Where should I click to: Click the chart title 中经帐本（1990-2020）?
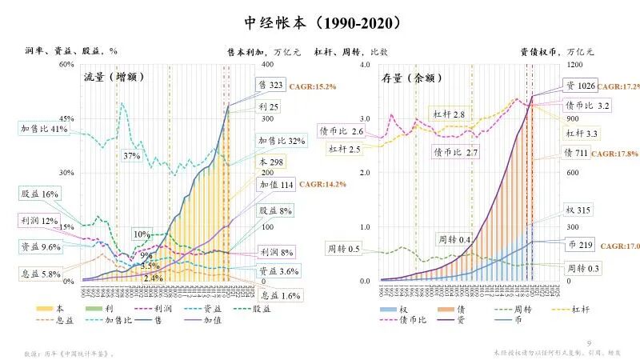[319, 22]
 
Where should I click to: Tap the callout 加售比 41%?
[43, 129]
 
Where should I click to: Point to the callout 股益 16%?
[39, 194]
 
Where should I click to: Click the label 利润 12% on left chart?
[39, 221]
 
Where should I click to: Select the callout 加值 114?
[275, 185]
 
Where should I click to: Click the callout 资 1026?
[580, 86]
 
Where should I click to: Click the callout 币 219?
[578, 242]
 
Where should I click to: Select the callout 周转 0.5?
[342, 250]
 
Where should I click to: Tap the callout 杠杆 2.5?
[343, 149]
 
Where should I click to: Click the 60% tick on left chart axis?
[66, 64]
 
